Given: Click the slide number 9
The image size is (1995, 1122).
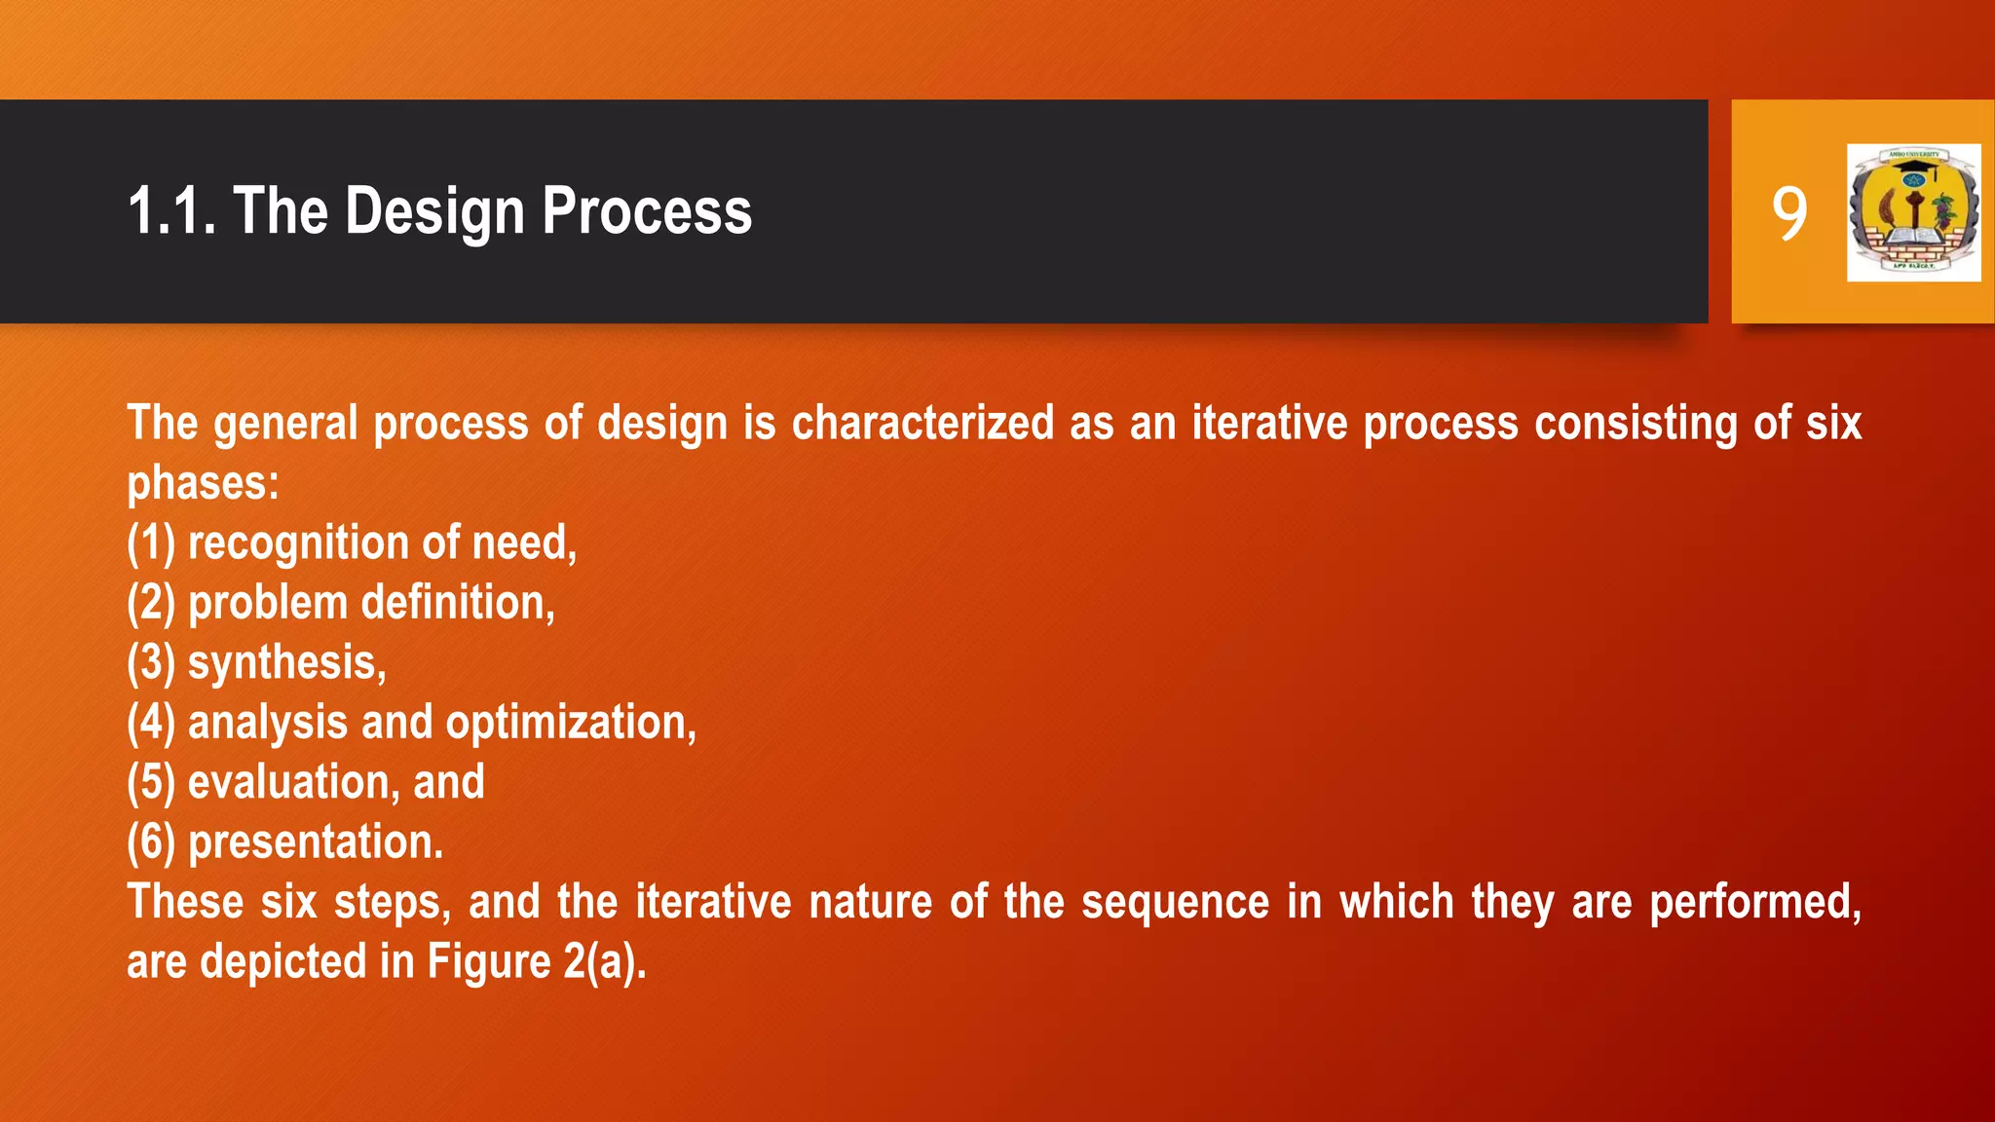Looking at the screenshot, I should [1789, 213].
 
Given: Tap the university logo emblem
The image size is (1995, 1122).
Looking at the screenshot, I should [1913, 212].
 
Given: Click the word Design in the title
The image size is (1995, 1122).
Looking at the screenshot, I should [434, 211].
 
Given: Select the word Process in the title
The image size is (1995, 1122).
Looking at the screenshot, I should [647, 211].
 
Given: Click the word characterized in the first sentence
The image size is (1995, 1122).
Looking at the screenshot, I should [922, 424].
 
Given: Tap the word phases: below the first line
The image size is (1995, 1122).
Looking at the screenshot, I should [203, 483].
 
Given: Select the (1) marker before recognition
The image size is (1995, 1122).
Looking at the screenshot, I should [151, 542].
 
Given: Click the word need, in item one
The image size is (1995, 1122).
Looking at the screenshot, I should [524, 542].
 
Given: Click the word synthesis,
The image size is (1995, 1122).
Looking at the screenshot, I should [287, 663].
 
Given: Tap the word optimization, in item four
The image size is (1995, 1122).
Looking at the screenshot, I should [571, 723].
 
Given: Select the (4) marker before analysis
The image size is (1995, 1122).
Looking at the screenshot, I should [151, 723].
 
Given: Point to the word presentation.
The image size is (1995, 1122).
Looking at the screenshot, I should [316, 842].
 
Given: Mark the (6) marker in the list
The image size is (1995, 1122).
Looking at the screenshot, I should [151, 842].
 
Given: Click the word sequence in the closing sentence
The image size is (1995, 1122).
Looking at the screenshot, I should [1175, 902].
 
